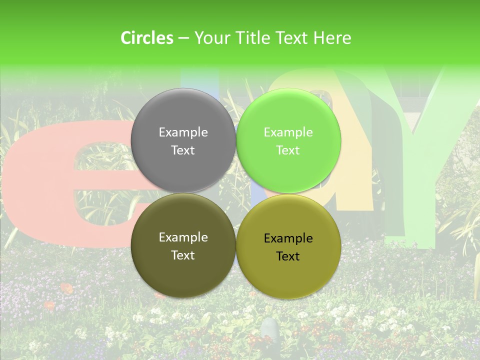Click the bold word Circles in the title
click(x=146, y=38)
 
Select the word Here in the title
click(x=332, y=38)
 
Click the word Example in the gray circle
click(x=183, y=132)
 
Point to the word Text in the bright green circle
click(x=288, y=150)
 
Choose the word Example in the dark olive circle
click(x=183, y=237)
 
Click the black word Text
click(x=288, y=256)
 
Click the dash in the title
click(x=183, y=38)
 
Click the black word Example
click(x=288, y=238)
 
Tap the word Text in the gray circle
click(x=183, y=150)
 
